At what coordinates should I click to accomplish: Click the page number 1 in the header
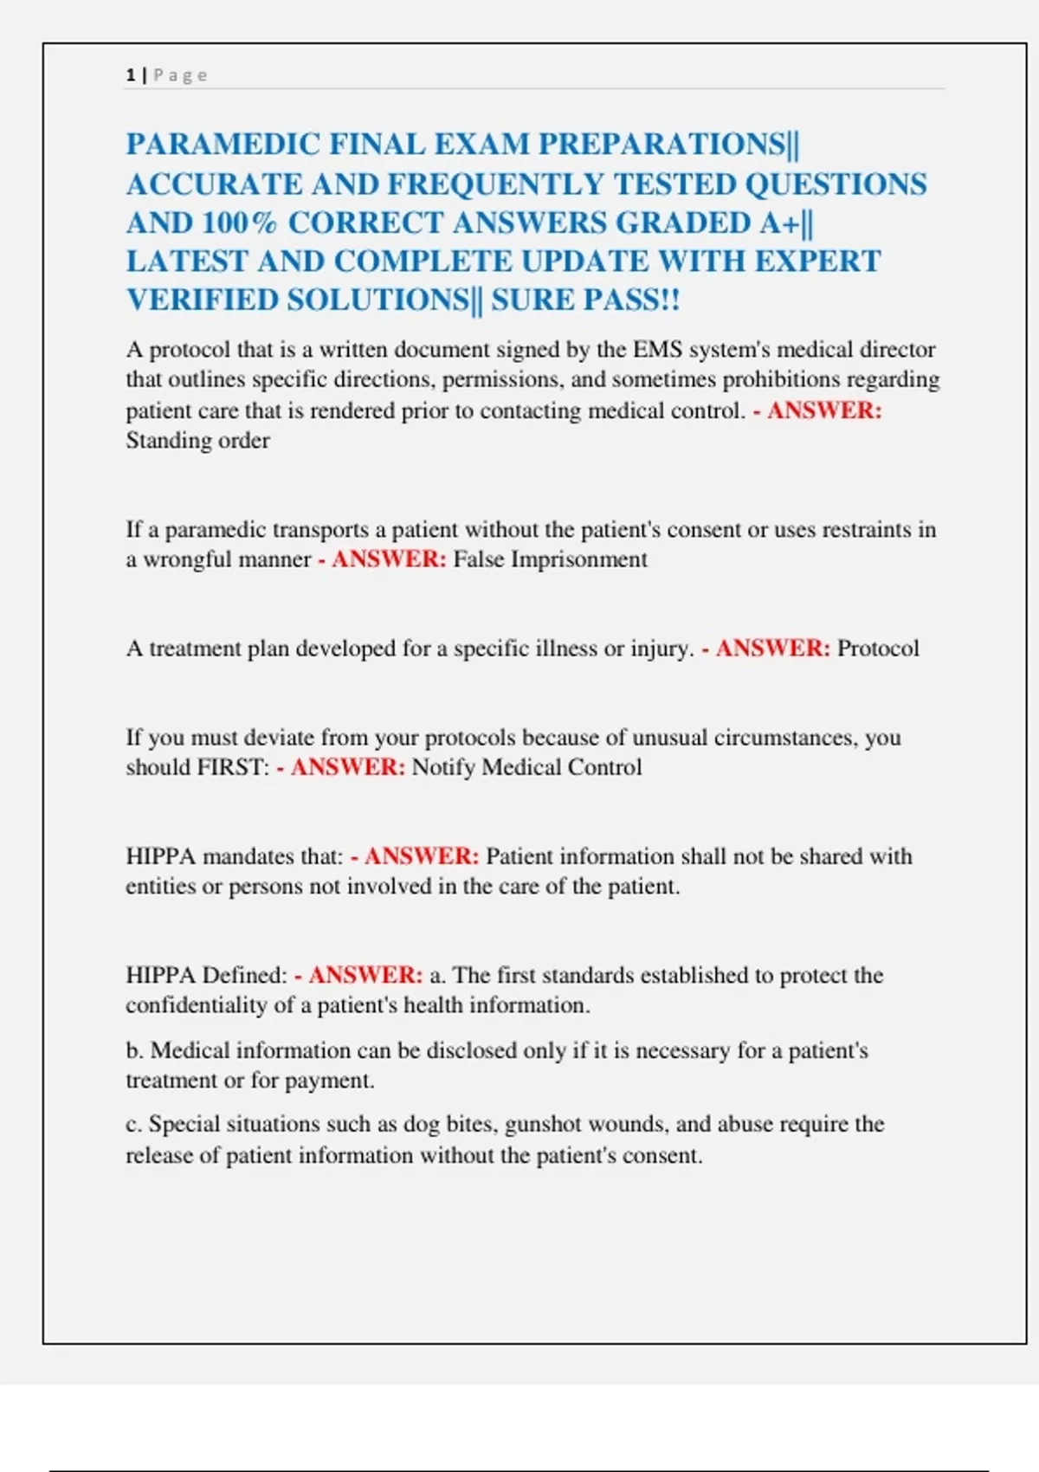130,75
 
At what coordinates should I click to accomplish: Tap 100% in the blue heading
239,223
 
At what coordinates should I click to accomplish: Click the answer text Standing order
197,441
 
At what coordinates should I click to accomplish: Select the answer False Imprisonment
550,559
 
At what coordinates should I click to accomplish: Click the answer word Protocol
878,649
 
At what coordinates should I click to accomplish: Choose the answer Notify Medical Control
526,767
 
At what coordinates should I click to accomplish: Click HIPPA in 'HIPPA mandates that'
161,856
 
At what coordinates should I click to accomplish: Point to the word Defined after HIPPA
245,975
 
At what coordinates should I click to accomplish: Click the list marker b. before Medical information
134,1050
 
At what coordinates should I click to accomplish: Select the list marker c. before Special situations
134,1125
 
